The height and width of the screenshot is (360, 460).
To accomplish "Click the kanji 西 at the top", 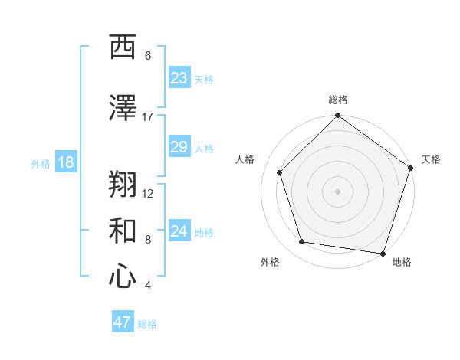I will [123, 48].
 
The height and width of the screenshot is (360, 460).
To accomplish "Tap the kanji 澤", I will [123, 109].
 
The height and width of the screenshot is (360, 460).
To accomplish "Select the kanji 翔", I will [123, 185].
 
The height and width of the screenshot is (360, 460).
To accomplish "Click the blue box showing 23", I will [179, 78].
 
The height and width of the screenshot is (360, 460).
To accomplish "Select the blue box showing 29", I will [179, 148].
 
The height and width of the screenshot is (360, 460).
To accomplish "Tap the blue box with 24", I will [179, 232].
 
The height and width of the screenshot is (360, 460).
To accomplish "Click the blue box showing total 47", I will [123, 322].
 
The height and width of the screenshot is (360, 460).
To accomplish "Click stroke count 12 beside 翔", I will [148, 193].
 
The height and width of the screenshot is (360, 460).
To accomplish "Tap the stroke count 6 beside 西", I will [148, 56].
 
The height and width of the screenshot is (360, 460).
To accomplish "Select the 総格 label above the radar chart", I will [338, 100].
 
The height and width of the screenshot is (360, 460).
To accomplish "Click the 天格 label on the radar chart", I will [431, 159].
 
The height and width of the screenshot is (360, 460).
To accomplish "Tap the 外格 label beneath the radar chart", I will [270, 262].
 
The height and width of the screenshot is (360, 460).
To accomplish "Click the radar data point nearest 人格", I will [280, 172].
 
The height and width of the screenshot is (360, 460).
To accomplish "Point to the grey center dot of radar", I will [337, 191].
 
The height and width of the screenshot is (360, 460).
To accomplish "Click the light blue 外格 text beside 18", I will [40, 164].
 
